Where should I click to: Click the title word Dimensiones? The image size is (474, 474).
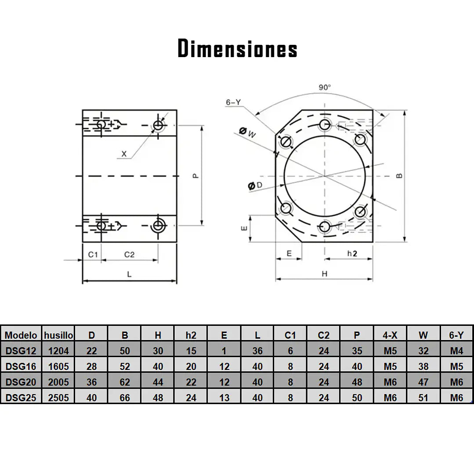[237, 48]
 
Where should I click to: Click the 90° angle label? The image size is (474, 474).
[325, 87]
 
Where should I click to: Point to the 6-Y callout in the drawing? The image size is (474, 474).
[233, 102]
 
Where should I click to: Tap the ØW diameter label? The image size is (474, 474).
[248, 132]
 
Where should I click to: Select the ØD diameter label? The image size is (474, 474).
[255, 185]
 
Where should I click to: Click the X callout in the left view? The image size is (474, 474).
[124, 154]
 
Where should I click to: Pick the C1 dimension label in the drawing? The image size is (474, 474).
[93, 254]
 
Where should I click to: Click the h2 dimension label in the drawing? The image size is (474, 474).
[352, 253]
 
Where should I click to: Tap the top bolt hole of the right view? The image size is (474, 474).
[325, 124]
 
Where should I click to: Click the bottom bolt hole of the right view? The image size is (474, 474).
[325, 226]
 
